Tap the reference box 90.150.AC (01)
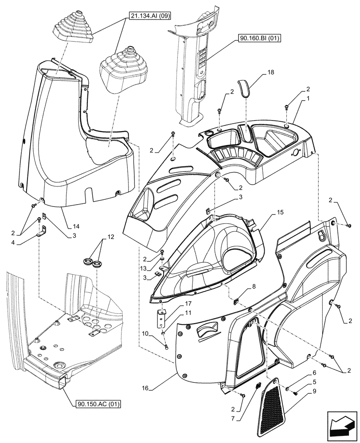pos(98,404)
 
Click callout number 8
pos(254,288)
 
